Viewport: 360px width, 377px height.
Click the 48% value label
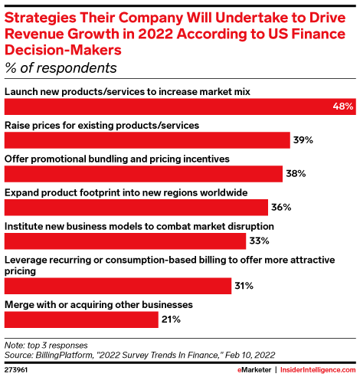pos(343,107)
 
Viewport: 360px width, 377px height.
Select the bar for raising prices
pos(146,140)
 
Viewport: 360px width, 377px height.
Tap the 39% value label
pos(302,140)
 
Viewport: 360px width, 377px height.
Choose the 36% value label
pos(280,208)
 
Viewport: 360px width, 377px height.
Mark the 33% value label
pos(258,241)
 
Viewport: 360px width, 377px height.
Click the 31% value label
pos(243,286)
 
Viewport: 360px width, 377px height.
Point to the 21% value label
pos(170,320)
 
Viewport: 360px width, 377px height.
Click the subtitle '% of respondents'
pos(61,67)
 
